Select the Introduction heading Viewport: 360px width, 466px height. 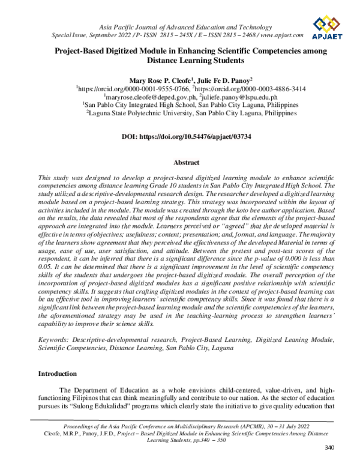[x=58, y=374]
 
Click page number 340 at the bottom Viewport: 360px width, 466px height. [x=328, y=447]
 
